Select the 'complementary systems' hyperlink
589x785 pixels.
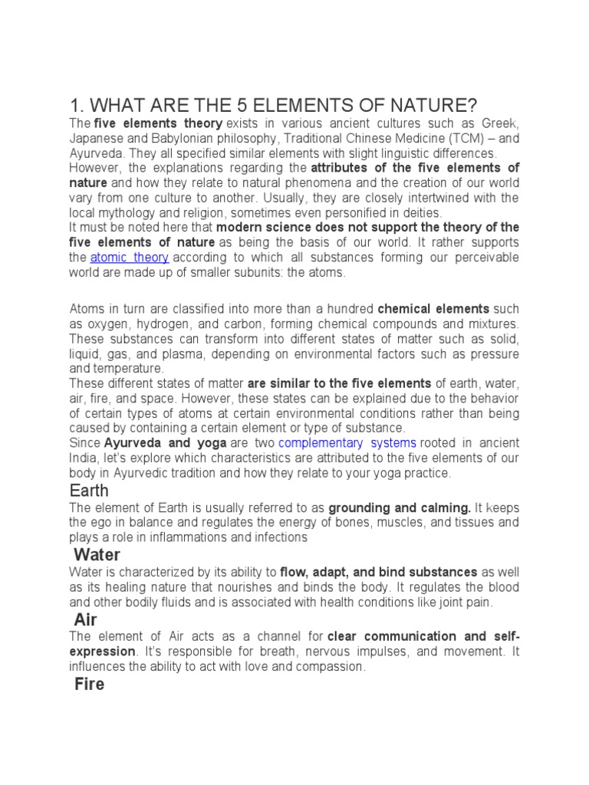click(x=347, y=443)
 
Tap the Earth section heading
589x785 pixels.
click(x=89, y=490)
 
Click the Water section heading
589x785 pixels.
click(x=97, y=553)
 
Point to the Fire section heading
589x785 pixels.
click(x=89, y=684)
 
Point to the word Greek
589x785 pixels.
click(x=501, y=123)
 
